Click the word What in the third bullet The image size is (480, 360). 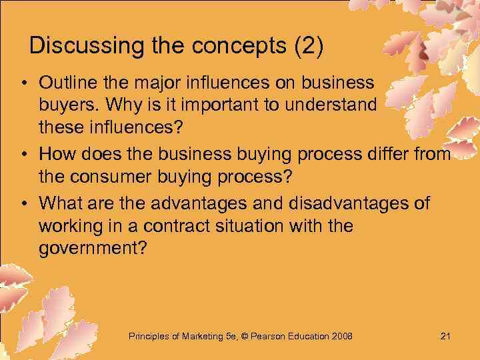tap(59, 202)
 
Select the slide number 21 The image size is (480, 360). tap(445, 335)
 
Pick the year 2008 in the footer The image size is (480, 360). tap(341, 335)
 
